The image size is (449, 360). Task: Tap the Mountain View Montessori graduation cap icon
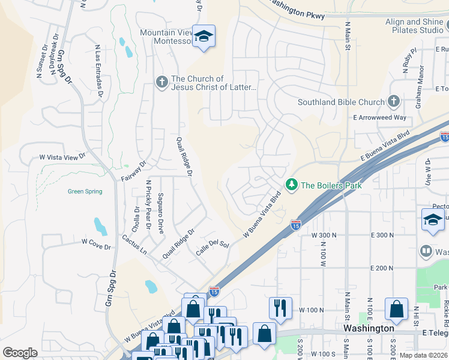click(203, 37)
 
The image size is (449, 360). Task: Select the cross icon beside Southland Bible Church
click(394, 101)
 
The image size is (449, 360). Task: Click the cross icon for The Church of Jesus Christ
click(161, 82)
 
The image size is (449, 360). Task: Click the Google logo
click(20, 352)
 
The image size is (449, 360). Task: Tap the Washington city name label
click(369, 328)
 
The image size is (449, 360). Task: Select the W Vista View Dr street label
click(67, 157)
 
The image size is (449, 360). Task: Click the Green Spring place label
click(85, 192)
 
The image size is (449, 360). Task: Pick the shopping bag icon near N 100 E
click(396, 309)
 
